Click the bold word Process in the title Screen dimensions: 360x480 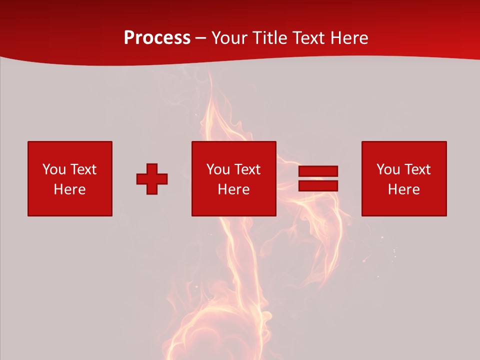(157, 38)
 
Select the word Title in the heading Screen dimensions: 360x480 (270, 38)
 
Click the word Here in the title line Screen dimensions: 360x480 (349, 38)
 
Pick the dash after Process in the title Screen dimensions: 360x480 (201, 38)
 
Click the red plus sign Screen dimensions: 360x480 (152, 179)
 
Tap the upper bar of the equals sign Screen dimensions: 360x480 (318, 171)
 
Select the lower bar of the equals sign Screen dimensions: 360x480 (318, 186)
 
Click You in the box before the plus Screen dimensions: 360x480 (54, 169)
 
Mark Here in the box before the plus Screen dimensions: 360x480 (70, 189)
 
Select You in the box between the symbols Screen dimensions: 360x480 (218, 169)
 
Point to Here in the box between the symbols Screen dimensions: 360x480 (234, 189)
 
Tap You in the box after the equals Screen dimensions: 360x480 (388, 169)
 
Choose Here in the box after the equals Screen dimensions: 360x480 (404, 189)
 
